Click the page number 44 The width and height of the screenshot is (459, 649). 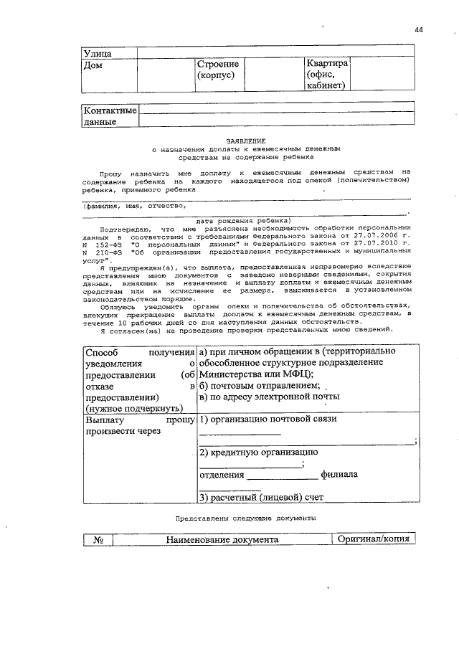[419, 29]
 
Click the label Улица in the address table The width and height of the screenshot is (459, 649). [98, 52]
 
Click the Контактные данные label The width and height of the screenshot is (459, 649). [109, 116]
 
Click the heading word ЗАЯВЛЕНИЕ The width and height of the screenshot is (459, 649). [246, 141]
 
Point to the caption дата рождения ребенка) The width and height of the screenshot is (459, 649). [243, 220]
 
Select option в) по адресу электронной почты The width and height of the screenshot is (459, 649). [269, 397]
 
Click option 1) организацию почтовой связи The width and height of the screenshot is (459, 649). [268, 420]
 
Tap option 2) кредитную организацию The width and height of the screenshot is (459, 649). [258, 453]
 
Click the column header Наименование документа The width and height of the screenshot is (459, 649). [222, 540]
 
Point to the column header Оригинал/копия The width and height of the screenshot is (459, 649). [374, 540]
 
